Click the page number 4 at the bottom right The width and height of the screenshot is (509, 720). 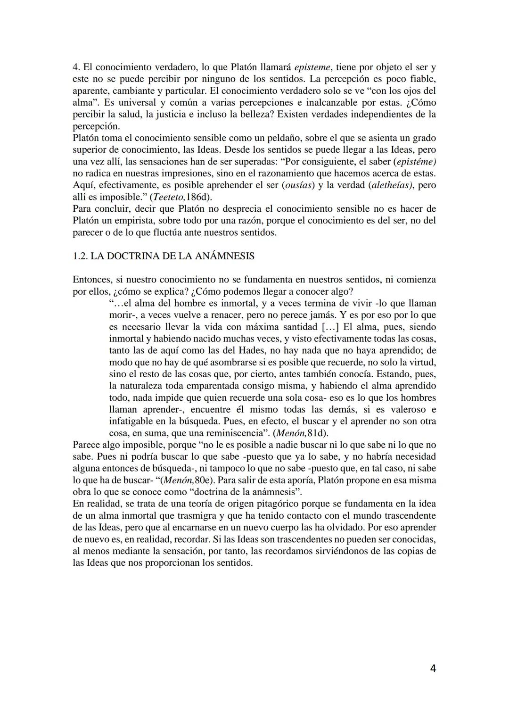pos(433,668)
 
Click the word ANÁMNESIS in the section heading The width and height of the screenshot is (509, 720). pos(224,256)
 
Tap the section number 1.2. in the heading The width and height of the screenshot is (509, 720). pos(81,256)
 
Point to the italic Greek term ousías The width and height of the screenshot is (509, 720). pos(298,185)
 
